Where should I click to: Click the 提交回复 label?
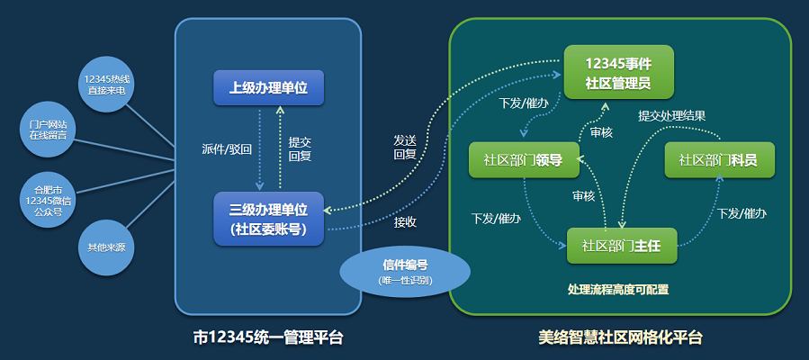(300, 148)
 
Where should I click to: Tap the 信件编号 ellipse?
(405, 272)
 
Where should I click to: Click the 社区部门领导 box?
(523, 160)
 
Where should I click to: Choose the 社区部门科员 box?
(717, 160)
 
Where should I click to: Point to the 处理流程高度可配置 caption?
(618, 290)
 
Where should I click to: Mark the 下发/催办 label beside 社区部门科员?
(742, 213)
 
